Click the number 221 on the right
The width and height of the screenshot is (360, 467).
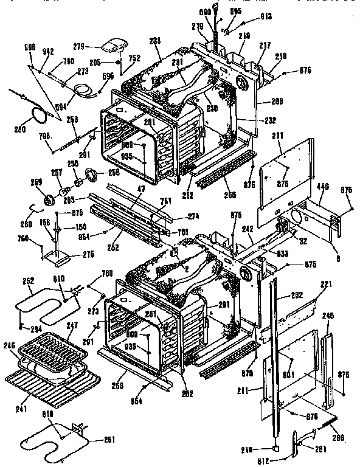click(327, 285)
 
